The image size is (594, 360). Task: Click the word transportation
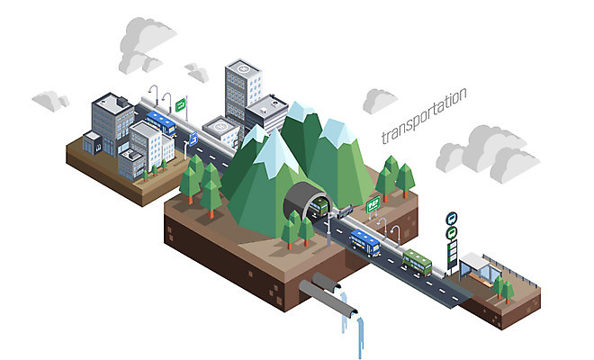423,116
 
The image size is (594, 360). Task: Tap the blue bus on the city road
161,121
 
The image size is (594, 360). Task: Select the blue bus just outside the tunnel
364,242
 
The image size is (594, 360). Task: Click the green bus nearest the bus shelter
417,262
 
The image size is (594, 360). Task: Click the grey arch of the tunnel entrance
303,196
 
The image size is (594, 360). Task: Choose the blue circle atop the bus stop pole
452,217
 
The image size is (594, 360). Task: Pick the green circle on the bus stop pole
452,232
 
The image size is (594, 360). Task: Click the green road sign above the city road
181,103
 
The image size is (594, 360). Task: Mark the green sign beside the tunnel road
373,205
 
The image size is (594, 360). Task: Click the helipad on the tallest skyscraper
242,68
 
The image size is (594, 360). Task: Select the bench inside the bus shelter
480,280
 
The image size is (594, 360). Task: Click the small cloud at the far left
49,100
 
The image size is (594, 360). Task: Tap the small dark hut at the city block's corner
92,142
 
